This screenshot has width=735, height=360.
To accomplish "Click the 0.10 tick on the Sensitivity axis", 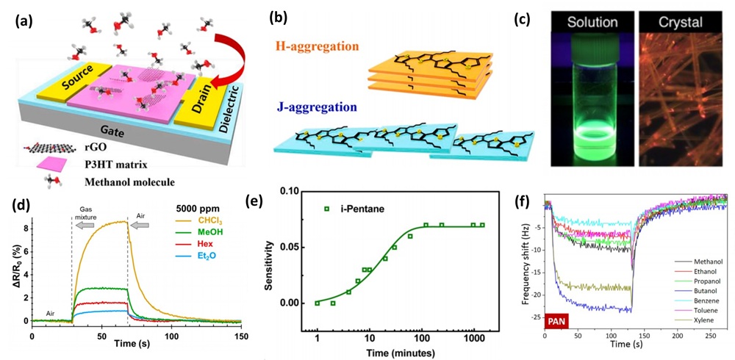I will (293, 191).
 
